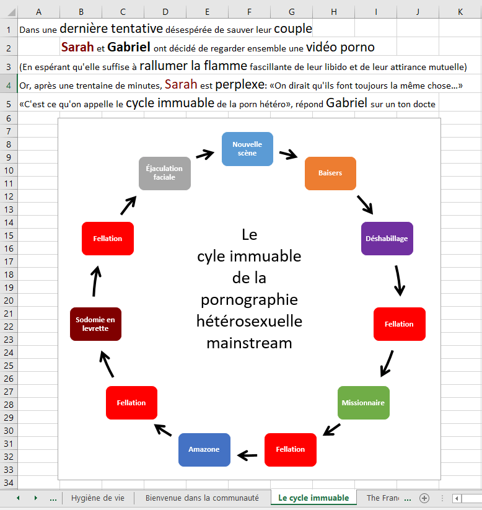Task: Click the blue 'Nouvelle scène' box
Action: pyautogui.click(x=247, y=149)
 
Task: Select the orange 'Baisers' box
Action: pyautogui.click(x=330, y=173)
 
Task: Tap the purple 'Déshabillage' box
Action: pyautogui.click(x=387, y=239)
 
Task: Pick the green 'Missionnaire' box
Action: pyautogui.click(x=363, y=403)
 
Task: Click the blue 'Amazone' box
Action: pyautogui.click(x=204, y=449)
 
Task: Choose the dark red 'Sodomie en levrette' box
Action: pyautogui.click(x=95, y=324)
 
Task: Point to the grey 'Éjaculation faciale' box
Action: pyautogui.click(x=164, y=173)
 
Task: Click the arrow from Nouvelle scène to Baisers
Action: pyautogui.click(x=288, y=154)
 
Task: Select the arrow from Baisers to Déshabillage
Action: pyautogui.click(x=365, y=204)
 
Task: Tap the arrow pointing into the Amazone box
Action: pyautogui.click(x=247, y=455)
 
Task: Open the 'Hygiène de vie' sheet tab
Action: pyautogui.click(x=97, y=498)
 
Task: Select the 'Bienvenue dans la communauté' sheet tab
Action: pyautogui.click(x=202, y=498)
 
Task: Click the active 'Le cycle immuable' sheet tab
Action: pyautogui.click(x=313, y=498)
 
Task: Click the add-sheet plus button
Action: pyautogui.click(x=424, y=498)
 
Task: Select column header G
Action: pyautogui.click(x=291, y=11)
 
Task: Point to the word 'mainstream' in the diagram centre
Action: pyautogui.click(x=249, y=343)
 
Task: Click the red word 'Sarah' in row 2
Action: pyautogui.click(x=77, y=47)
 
